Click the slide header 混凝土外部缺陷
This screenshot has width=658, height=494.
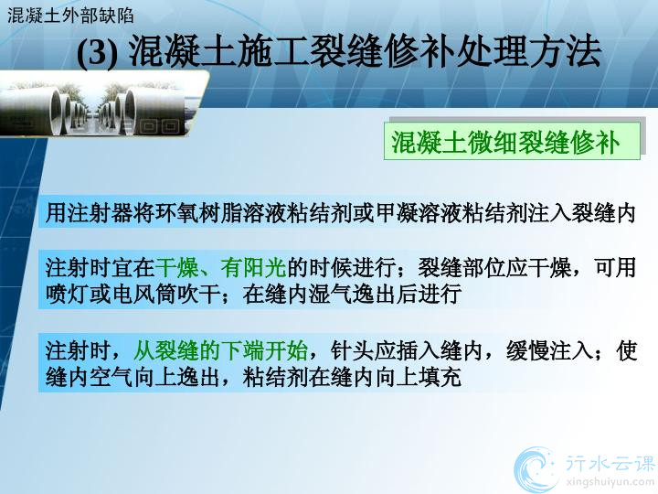point(70,16)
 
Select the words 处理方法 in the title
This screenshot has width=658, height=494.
point(529,52)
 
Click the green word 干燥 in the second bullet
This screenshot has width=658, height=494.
point(176,267)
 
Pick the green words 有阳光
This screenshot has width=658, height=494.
point(253,267)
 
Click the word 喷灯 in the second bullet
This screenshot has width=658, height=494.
point(67,294)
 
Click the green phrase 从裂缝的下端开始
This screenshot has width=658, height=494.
point(220,350)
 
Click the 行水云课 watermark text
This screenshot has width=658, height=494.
point(610,464)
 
